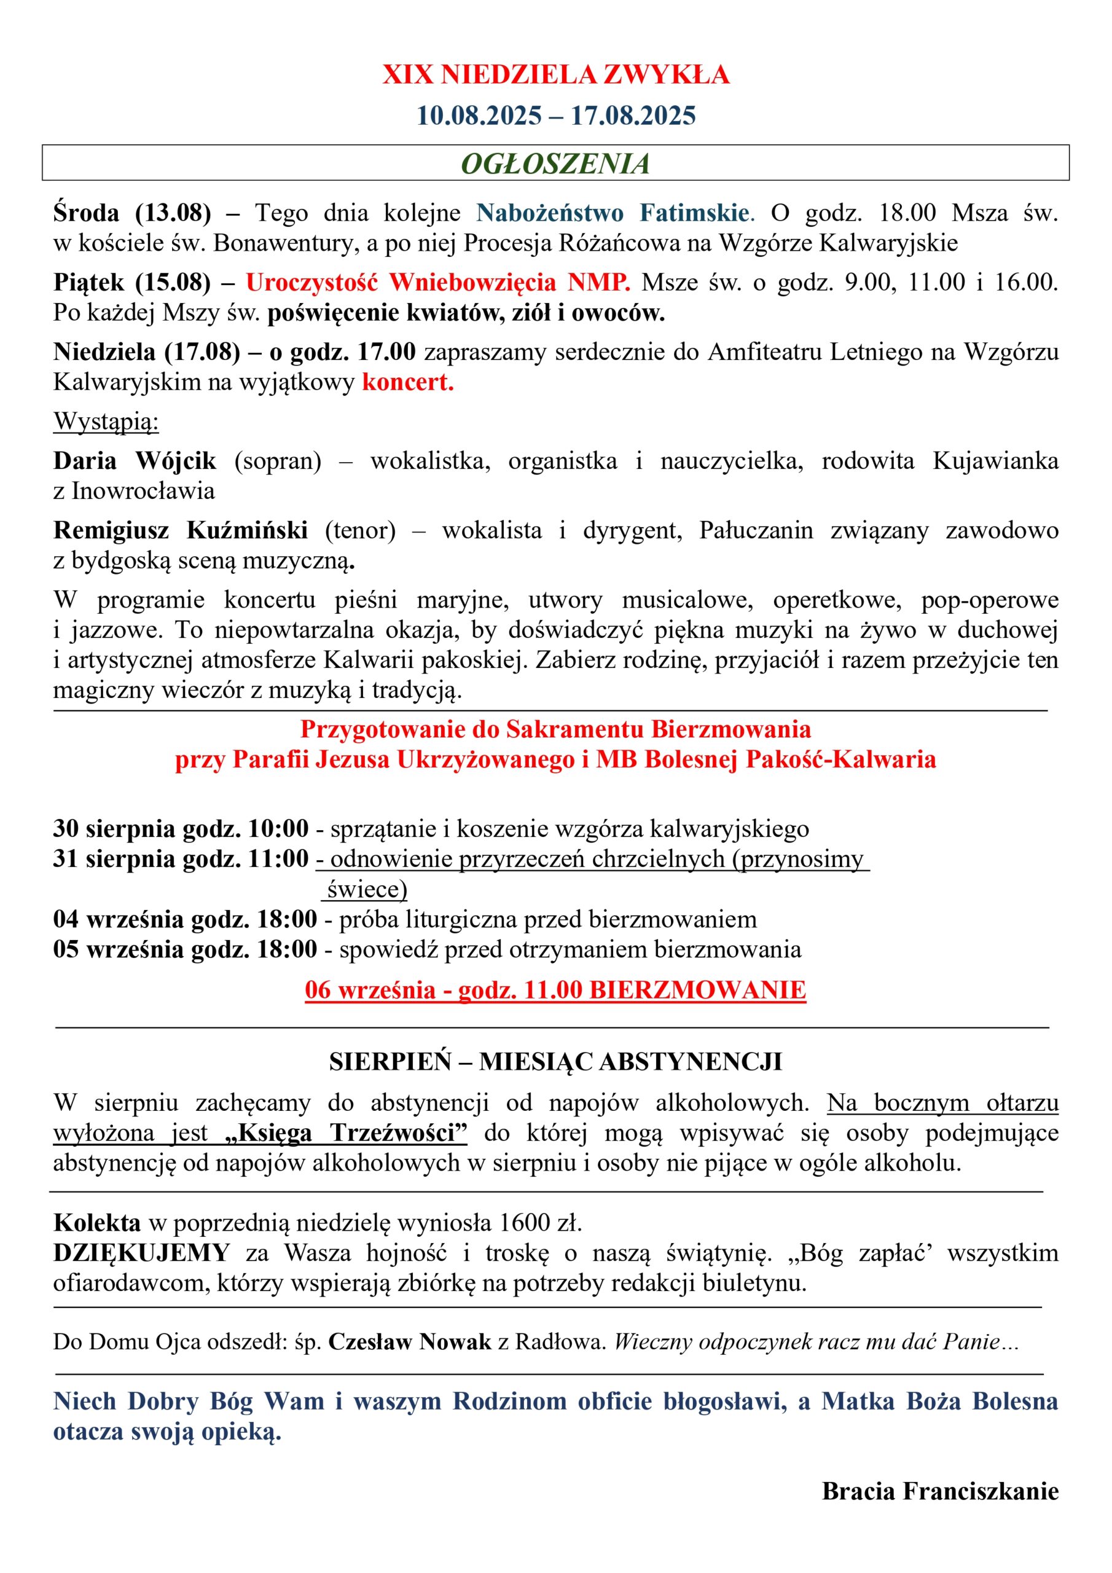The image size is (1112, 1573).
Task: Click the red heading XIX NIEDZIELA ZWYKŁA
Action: (x=555, y=75)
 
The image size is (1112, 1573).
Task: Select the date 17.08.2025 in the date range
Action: (x=632, y=115)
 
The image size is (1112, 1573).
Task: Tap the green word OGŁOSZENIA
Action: (x=555, y=163)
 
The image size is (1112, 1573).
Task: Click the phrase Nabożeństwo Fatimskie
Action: (x=613, y=213)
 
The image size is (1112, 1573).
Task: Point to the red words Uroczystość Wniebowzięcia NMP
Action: (x=438, y=282)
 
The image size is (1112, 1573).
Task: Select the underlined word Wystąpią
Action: (x=106, y=422)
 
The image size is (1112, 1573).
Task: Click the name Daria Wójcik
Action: (x=135, y=461)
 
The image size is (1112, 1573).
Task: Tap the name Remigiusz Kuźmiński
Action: (x=180, y=530)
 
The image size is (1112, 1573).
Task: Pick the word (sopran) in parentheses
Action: (x=278, y=461)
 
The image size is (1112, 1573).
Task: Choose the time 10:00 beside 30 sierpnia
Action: (x=278, y=828)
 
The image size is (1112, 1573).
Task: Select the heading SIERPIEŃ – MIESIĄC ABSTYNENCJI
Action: (x=555, y=1062)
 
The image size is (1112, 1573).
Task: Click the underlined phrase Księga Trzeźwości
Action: (x=347, y=1133)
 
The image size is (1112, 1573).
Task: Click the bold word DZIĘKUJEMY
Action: (x=141, y=1252)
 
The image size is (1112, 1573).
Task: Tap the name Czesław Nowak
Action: (x=409, y=1341)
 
